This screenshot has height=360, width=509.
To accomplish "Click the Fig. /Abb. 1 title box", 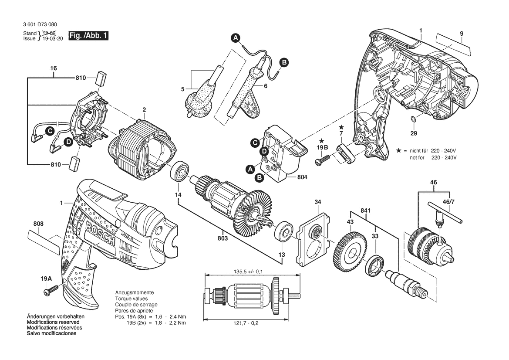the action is (88, 36).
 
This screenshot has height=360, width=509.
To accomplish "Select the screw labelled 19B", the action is (322, 160).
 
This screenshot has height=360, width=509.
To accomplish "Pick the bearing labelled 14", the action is (179, 171).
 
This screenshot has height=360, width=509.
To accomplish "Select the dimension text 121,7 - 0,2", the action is (246, 323).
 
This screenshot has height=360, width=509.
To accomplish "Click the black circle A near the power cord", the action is (236, 37).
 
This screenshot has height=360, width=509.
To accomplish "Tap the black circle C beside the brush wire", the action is (50, 131).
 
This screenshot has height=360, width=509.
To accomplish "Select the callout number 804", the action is (302, 177).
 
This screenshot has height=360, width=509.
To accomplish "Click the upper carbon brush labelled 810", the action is (101, 78).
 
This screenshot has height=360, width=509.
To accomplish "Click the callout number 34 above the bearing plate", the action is (318, 202).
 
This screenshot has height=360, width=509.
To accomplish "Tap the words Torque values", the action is (131, 299).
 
